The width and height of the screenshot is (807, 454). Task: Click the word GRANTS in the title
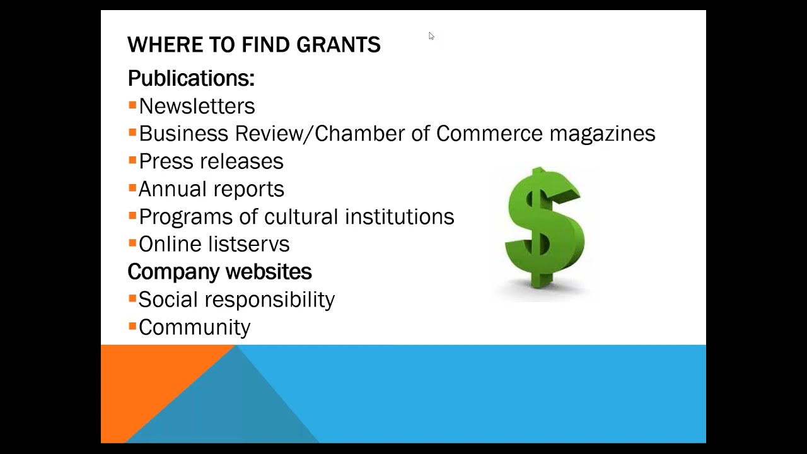339,45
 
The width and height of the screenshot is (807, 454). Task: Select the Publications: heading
191,78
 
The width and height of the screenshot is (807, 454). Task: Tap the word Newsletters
197,106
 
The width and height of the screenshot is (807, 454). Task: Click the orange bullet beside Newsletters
132,105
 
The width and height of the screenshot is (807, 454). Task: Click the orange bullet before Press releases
132,160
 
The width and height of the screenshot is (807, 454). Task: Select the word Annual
168,189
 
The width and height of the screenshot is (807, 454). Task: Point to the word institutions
399,217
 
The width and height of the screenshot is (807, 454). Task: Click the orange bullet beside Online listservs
132,243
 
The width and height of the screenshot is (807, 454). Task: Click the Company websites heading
219,272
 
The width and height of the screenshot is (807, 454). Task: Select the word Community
194,327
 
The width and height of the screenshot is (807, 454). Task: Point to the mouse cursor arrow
431,35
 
